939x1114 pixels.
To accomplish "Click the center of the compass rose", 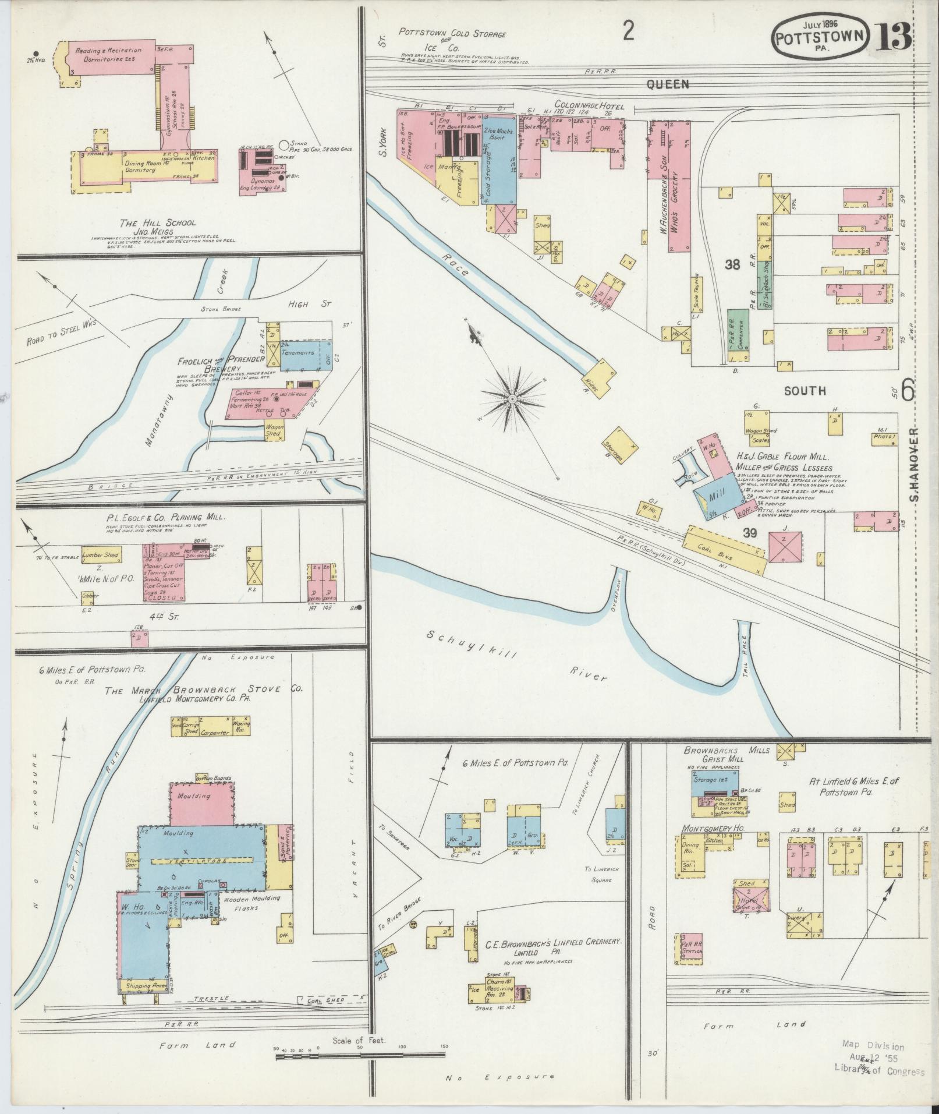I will pyautogui.click(x=512, y=399).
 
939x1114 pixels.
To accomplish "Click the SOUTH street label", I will pyautogui.click(x=805, y=391).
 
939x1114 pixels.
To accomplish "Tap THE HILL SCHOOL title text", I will pyautogui.click(x=158, y=223).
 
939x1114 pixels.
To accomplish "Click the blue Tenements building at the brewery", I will pyautogui.click(x=301, y=353).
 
